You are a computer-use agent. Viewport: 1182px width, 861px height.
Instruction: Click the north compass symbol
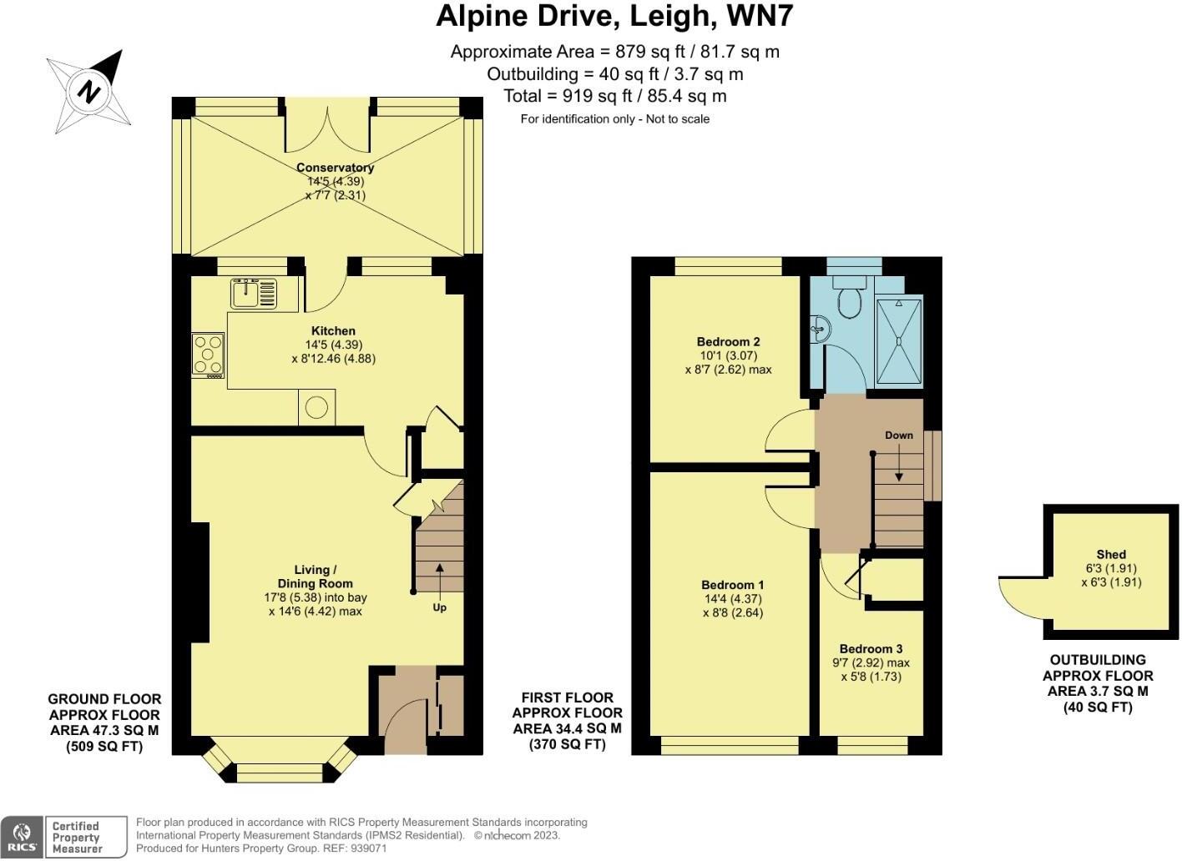pos(89,92)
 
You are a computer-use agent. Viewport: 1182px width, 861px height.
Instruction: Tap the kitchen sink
pos(253,293)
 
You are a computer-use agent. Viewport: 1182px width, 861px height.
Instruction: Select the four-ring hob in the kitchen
pos(208,355)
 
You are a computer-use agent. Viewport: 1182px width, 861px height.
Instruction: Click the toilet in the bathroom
pos(850,299)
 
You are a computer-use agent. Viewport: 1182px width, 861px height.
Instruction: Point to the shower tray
pos(899,342)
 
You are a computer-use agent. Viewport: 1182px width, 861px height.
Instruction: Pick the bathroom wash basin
pos(820,330)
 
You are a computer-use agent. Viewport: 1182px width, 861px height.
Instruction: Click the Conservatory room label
pos(335,168)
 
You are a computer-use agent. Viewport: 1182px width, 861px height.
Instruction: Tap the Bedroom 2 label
pos(728,342)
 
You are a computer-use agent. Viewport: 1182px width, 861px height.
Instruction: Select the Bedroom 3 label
pos(871,648)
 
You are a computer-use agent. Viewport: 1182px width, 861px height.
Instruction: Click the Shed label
pos(1111,554)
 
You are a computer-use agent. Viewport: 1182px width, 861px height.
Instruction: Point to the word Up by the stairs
pos(440,607)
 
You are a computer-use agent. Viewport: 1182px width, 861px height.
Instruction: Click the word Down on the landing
pos(899,435)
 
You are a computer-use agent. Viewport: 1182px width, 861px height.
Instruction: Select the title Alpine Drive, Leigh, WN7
pos(614,17)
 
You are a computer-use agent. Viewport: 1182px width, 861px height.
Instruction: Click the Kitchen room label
pos(334,330)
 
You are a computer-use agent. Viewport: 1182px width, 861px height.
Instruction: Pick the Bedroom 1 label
pos(732,585)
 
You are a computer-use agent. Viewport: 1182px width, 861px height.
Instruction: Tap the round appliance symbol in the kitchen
pos(316,408)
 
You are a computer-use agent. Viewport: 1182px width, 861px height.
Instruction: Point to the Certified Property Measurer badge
pos(86,838)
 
